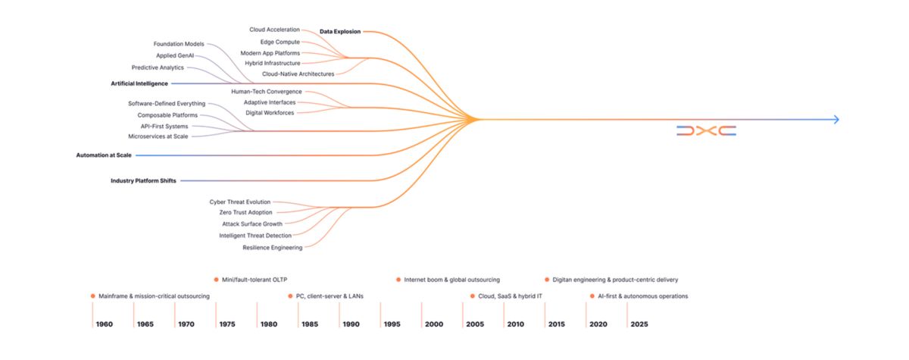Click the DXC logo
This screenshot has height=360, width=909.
706,131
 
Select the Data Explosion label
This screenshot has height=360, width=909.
340,32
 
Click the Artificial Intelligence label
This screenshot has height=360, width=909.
139,83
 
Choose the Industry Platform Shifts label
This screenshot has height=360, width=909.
142,181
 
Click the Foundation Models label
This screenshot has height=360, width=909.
179,44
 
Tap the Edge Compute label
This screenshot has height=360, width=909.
280,42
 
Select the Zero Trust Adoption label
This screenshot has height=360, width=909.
245,213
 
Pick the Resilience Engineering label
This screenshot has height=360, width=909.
272,248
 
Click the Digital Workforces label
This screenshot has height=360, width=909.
270,113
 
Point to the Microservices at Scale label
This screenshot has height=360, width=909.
158,136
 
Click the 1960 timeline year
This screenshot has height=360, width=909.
105,324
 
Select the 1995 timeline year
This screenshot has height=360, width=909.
392,324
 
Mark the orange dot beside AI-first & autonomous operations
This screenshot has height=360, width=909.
592,296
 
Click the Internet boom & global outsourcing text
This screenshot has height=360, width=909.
451,280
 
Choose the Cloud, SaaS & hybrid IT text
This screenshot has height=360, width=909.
510,296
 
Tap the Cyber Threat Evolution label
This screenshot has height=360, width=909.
239,202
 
